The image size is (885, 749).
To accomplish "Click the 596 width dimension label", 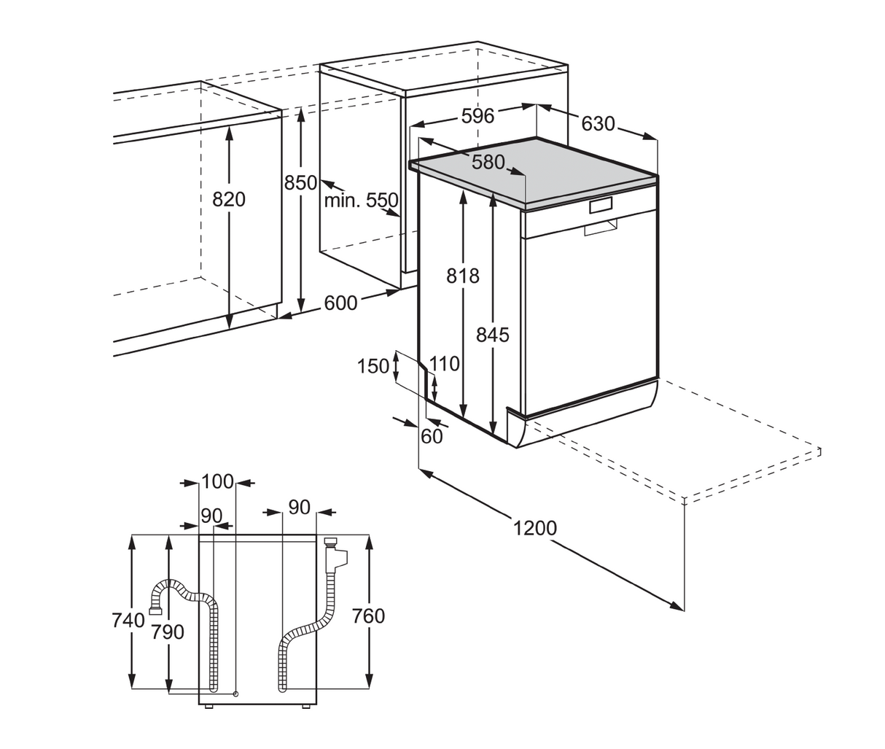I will coord(477,116).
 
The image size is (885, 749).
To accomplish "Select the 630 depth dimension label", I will coord(598,124).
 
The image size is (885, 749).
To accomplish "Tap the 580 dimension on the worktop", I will coord(488,162).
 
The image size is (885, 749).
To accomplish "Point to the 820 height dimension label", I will coord(229,198).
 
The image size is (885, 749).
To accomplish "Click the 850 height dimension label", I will coord(300,183).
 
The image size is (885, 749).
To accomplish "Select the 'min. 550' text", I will coord(361,201).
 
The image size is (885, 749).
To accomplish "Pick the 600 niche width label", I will coord(340,303).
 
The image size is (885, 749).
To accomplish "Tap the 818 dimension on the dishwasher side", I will coord(463,276).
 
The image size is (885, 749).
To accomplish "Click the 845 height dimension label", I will coord(493,335).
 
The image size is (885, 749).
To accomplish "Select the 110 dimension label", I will coord(445,363).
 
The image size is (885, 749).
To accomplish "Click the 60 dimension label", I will coord(432,436).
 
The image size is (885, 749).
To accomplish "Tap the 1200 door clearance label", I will coord(534,527).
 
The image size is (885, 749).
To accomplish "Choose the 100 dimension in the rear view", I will coord(217,481).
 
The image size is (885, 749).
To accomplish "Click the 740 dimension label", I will coord(128,620).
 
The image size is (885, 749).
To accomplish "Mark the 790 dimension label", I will coord(168,632).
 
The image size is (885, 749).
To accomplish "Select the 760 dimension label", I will coord(368,616).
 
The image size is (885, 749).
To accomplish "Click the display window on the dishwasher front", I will coord(601,206).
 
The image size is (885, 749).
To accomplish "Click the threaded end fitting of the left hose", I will coord(155,604).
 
